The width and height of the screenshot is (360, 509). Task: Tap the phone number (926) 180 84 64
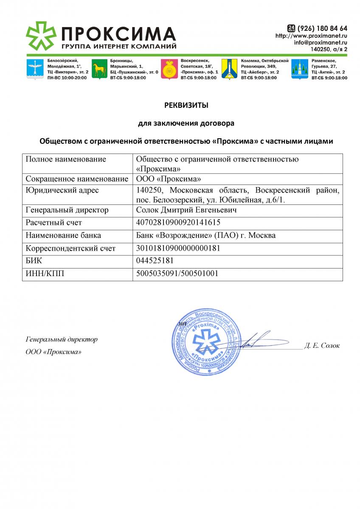(x=322, y=28)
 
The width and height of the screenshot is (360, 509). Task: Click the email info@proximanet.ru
(x=321, y=42)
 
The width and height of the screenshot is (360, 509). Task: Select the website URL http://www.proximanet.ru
(x=311, y=36)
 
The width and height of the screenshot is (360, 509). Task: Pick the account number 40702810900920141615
(x=178, y=222)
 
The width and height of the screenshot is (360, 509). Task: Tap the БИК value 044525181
(x=155, y=260)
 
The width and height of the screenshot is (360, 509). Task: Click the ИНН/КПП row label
(x=45, y=273)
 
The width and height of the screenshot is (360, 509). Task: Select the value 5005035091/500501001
(x=177, y=273)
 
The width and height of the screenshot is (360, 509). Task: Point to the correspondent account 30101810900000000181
(x=178, y=248)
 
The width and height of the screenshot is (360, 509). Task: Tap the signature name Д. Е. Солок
(x=322, y=346)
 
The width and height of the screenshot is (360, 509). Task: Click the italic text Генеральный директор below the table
(x=62, y=339)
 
